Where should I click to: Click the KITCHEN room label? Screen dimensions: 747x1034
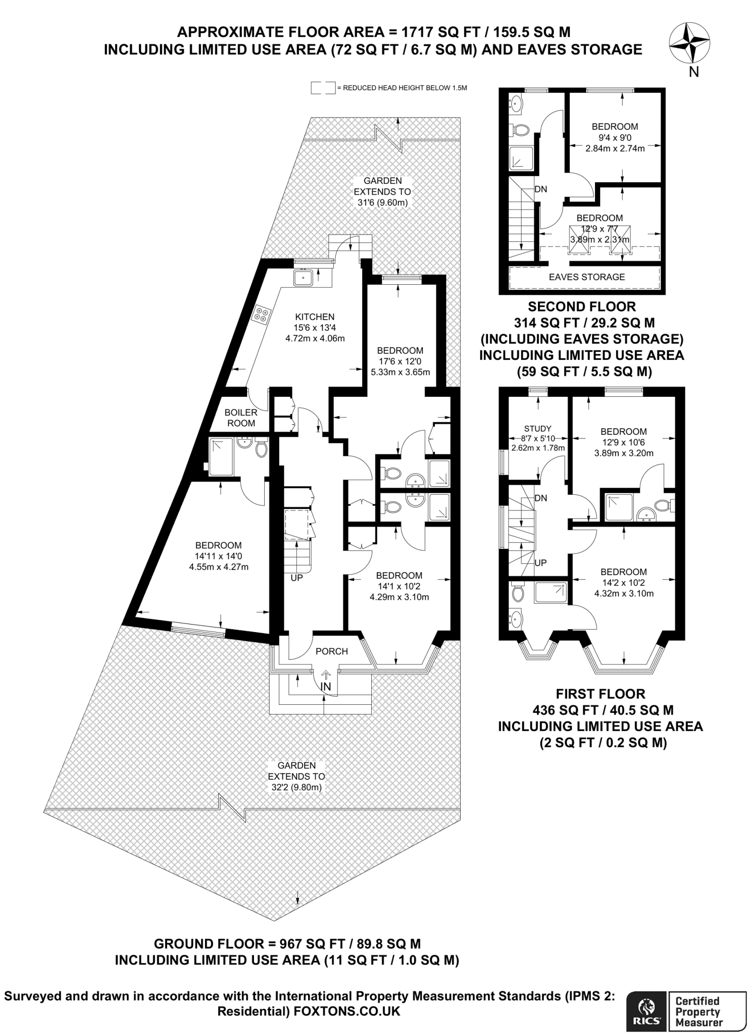pos(315,317)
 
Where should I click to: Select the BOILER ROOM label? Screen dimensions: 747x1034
pos(241,418)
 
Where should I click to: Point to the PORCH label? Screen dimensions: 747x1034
pos(331,651)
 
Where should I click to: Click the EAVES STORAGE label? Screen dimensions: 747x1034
pos(587,277)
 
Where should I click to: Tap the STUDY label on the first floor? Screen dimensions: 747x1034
pos(538,428)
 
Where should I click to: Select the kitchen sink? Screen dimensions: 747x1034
pos(304,277)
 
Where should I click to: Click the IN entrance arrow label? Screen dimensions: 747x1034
pos(326,686)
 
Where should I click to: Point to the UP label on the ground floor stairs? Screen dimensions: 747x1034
pos(296,578)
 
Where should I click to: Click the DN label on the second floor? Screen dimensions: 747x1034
pos(540,189)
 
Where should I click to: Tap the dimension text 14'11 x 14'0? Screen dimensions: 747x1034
pos(218,556)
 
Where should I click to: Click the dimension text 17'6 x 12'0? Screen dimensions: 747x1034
pos(400,361)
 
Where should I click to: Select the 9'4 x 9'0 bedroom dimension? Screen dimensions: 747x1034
pos(615,137)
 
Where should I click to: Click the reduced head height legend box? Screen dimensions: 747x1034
pos(323,88)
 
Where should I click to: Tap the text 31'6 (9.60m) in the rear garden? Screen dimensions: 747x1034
pos(382,203)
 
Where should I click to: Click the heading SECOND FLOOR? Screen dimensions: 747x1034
pos(582,306)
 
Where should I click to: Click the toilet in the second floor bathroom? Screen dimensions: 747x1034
pos(519,130)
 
